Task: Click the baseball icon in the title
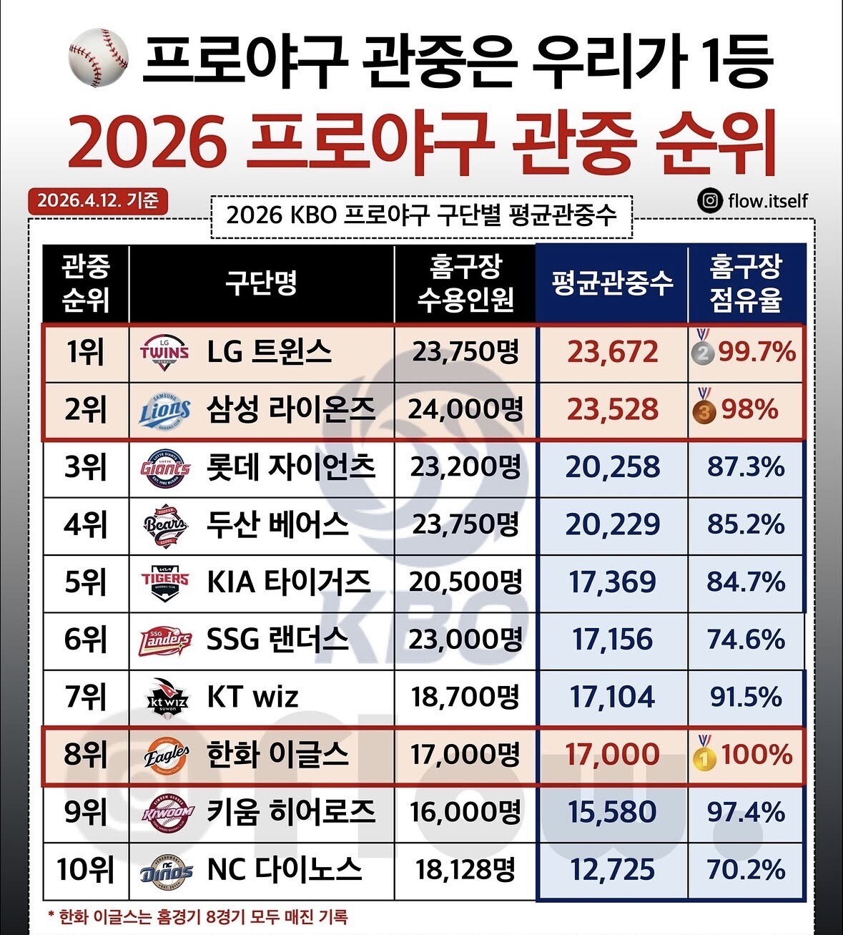point(98,57)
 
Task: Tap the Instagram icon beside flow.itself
point(709,201)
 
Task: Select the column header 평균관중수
point(612,283)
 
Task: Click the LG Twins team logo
point(164,352)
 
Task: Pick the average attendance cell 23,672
point(613,352)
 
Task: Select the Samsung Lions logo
point(164,410)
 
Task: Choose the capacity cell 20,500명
point(465,582)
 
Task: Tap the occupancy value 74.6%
point(746,640)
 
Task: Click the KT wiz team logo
point(164,697)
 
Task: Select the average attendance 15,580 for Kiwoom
point(613,812)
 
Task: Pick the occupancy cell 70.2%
point(746,870)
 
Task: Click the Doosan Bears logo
point(164,525)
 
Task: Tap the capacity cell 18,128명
point(465,870)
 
